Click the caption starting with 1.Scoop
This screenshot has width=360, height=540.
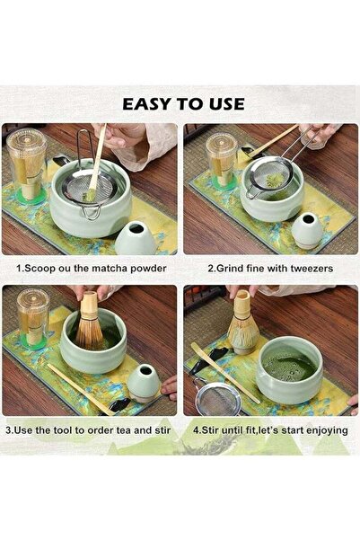point(91,268)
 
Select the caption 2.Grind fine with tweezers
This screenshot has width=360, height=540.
point(269,268)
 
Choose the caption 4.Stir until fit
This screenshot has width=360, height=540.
point(269,429)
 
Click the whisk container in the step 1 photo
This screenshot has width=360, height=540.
point(27,166)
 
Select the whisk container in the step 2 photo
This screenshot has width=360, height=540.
point(220,160)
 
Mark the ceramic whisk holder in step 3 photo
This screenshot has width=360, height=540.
point(143,382)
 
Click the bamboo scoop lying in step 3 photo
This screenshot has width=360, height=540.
point(81,389)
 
